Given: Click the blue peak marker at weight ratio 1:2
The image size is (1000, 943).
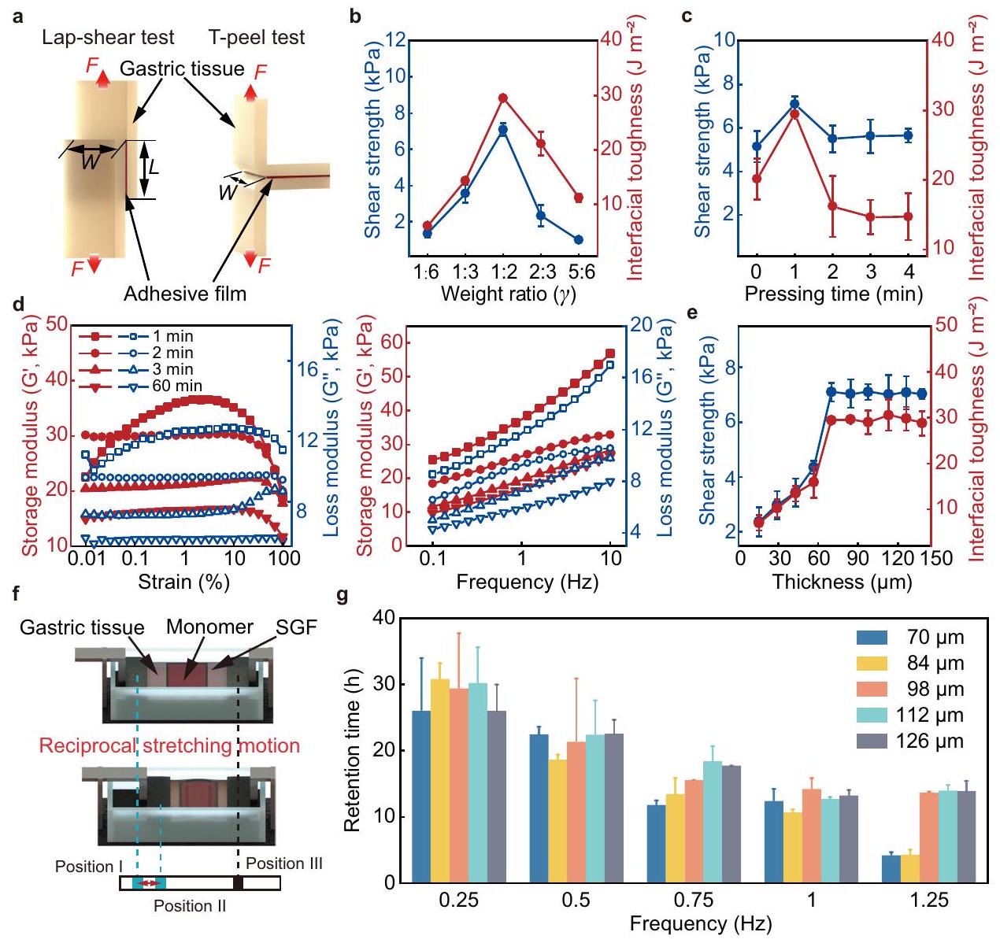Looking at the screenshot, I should (x=502, y=130).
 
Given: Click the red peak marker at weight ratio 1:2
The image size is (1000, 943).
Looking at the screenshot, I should (x=502, y=98).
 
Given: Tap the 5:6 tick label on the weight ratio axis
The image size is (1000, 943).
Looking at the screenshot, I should (x=578, y=272).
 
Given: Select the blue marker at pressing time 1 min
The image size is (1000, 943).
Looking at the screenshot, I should (x=794, y=103).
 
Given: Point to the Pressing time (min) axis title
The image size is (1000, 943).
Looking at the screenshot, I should (x=833, y=295).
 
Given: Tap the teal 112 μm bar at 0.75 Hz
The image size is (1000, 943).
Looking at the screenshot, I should (x=713, y=821).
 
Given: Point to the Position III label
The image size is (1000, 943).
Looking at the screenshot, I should (x=283, y=863).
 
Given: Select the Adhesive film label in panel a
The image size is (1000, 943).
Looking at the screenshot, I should (x=185, y=294).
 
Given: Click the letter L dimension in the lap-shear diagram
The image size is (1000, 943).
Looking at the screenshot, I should (x=156, y=168).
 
